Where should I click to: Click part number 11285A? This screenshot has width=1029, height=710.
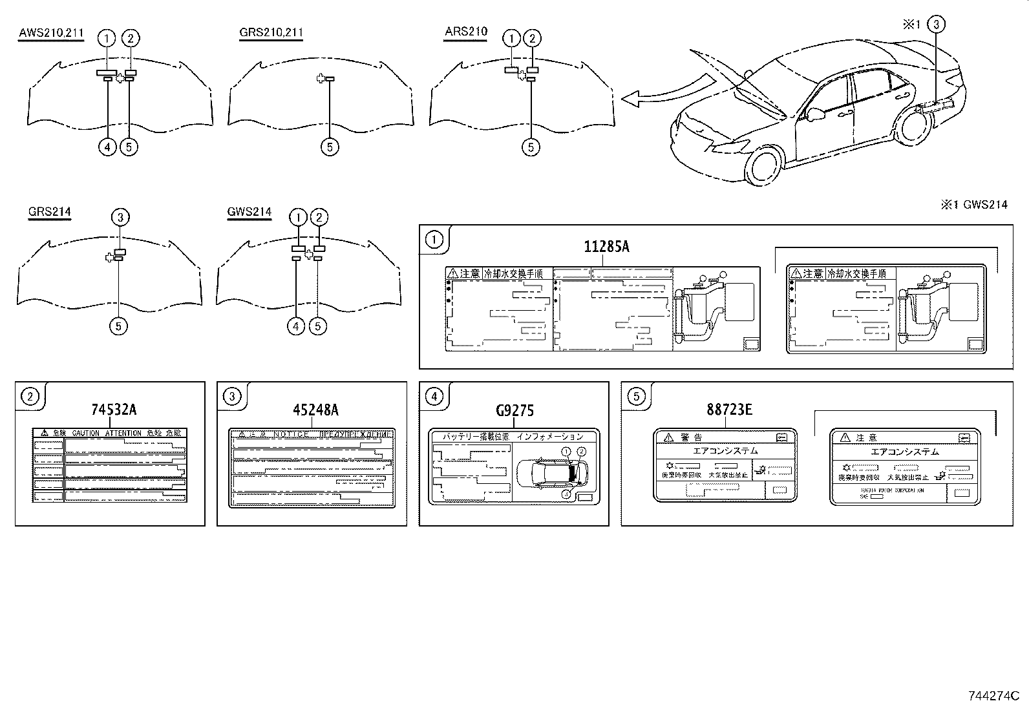(x=606, y=247)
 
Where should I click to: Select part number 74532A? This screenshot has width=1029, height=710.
(x=114, y=410)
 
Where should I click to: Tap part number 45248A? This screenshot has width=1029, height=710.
(x=315, y=410)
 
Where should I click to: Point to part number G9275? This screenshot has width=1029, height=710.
(x=514, y=410)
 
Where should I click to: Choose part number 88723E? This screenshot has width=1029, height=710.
(x=728, y=410)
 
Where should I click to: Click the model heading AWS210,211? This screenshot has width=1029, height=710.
(x=51, y=32)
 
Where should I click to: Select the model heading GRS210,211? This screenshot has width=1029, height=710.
(x=271, y=32)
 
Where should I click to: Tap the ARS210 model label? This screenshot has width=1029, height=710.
(x=465, y=31)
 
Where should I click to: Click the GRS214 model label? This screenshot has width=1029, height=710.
(x=49, y=211)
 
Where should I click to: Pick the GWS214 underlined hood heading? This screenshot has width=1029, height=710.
(x=249, y=211)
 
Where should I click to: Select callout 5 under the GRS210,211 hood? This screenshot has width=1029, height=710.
(x=329, y=147)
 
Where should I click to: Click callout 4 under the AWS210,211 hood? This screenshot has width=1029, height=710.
(x=107, y=147)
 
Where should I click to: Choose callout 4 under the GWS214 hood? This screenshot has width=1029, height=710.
(x=295, y=326)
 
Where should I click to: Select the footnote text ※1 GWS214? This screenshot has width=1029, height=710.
(x=973, y=205)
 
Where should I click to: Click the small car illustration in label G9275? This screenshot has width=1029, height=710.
(x=553, y=474)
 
